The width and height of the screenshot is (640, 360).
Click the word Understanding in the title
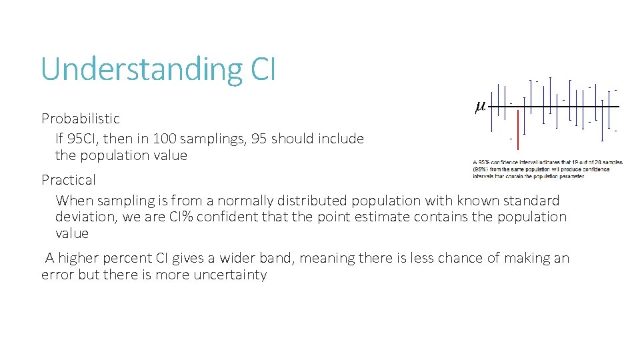[136, 69]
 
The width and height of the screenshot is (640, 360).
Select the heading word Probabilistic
[81, 119]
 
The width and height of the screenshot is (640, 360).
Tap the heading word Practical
[69, 180]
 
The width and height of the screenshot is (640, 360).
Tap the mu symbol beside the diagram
[480, 106]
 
